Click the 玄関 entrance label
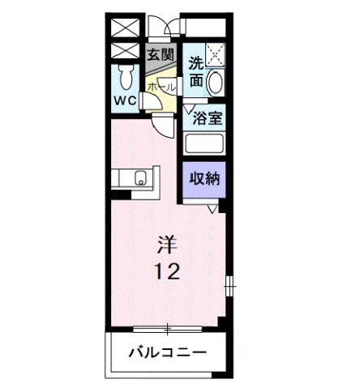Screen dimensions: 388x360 coord(161,54)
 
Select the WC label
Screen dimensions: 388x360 coord(125,101)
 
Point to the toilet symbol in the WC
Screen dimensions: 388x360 coord(126,78)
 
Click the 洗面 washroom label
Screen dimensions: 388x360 coord(195,71)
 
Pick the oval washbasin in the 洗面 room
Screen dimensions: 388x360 coord(216,83)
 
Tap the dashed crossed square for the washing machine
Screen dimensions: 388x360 coord(215,56)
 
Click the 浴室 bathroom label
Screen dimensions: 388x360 coord(207,117)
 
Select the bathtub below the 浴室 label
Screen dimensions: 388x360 coord(205,144)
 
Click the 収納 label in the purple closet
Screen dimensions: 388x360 coord(204,179)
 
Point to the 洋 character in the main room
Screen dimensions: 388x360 coord(169,243)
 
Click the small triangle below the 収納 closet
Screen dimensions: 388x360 coord(212,210)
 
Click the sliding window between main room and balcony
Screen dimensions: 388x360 coord(169,329)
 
